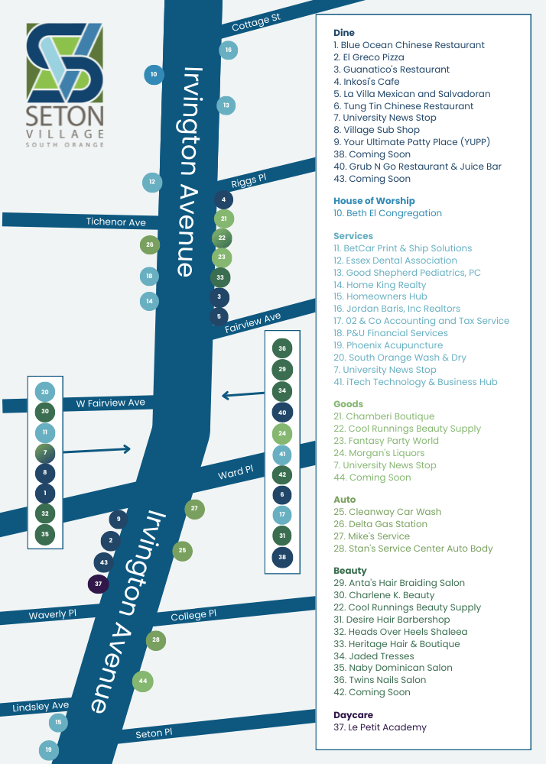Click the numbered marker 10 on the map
coord(154,75)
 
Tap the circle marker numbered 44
coord(143,681)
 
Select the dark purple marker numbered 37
coord(99,584)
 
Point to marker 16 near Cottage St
coord(228,50)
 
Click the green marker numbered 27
coord(195,509)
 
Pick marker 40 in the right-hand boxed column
coord(282,413)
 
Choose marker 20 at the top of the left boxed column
coord(45,392)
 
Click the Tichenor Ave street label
coord(115,222)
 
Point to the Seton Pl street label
coord(154,733)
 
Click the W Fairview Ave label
coord(110,403)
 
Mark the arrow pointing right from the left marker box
coord(97,451)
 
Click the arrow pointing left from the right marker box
coord(243,395)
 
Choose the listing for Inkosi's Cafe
coord(366,82)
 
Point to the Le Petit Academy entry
coord(380,727)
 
